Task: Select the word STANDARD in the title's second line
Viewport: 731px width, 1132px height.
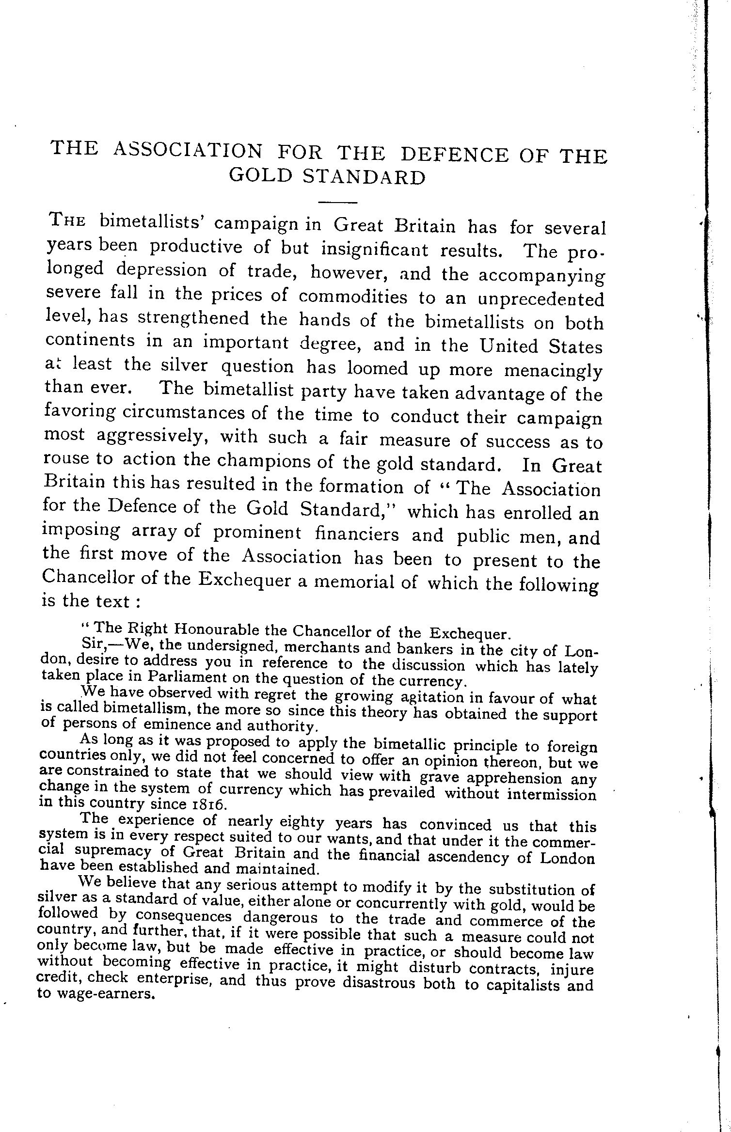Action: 364,177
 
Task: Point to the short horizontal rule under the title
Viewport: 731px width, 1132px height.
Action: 337,202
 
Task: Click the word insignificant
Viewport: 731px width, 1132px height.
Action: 375,249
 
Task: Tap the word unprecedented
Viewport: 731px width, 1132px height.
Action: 541,299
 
